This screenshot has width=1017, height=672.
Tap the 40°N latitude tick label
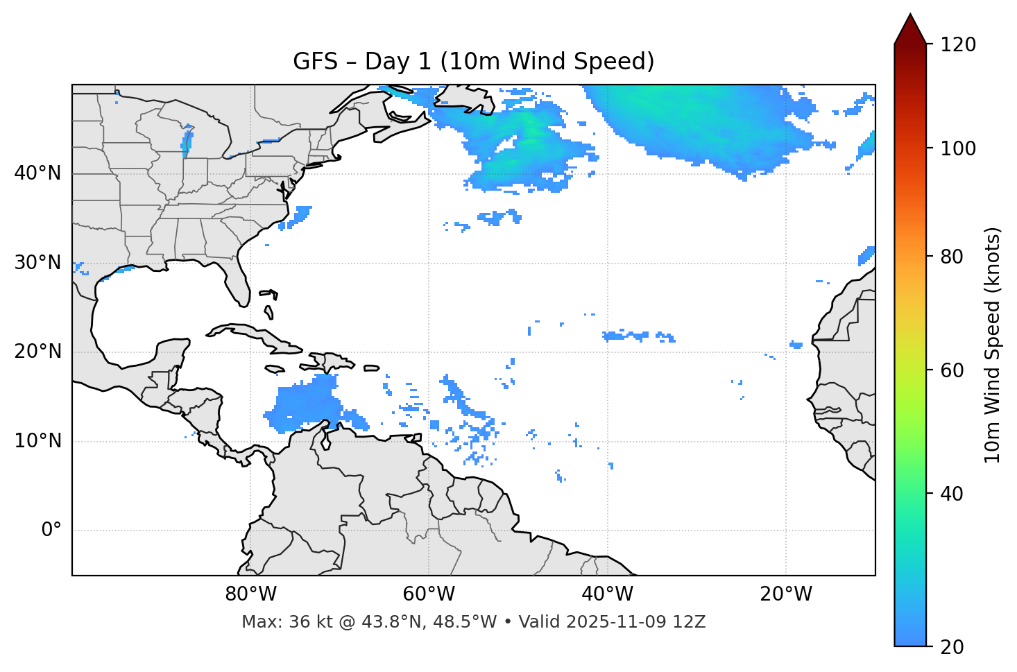pos(37,173)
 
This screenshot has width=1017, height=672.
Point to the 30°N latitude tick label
pos(37,263)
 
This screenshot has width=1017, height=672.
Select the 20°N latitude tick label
pos(37,352)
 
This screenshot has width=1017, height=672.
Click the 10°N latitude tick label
pos(37,441)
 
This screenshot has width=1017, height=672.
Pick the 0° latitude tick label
pos(51,531)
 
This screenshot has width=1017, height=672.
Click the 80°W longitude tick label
pos(250,594)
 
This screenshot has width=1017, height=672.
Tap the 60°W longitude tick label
pos(429,594)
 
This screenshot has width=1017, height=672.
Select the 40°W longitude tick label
pos(607,594)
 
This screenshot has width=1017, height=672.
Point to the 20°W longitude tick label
pos(785,594)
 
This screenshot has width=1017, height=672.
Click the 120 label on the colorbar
pos(957,45)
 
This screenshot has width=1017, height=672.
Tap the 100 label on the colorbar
pos(957,148)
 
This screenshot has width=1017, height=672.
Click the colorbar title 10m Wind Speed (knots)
pos(993,345)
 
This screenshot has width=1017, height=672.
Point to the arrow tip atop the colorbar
pos(910,15)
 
